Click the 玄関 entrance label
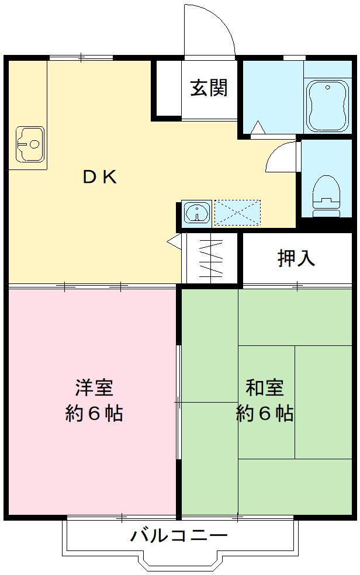[209, 88]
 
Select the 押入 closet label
[296, 258]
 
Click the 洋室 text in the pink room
[94, 387]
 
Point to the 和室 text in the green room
[265, 387]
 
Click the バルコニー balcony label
[178, 535]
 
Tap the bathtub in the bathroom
[327, 107]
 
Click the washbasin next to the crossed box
[197, 213]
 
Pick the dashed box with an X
[237, 213]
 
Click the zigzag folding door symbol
[210, 259]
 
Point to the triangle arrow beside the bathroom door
[258, 127]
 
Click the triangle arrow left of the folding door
[174, 240]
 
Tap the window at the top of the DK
[81, 57]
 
